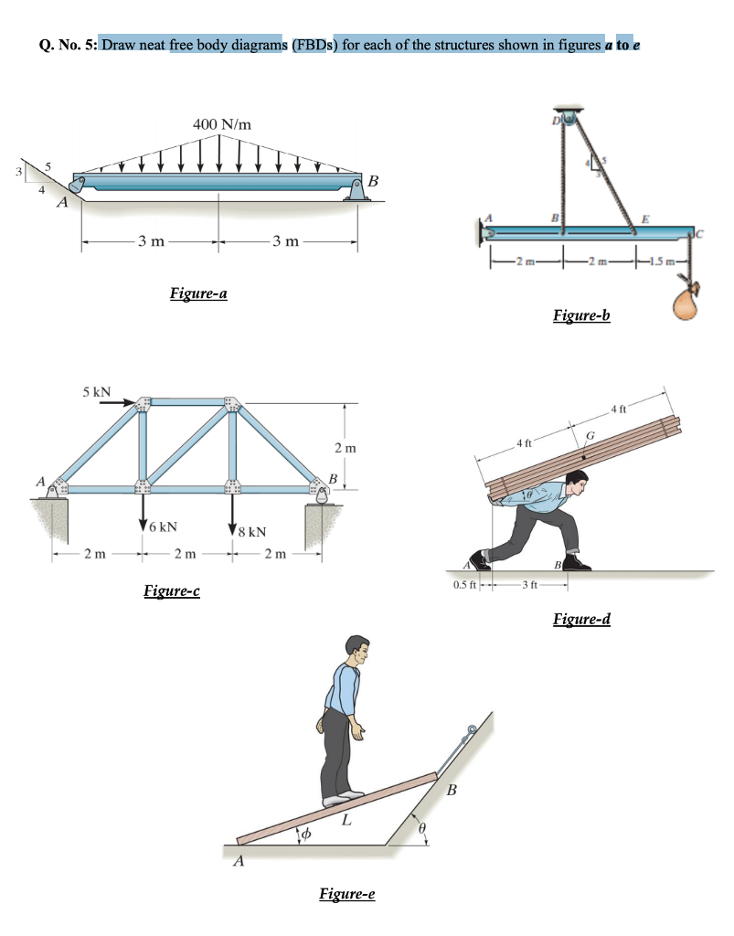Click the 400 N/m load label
click(223, 123)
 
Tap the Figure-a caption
click(198, 293)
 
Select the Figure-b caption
click(581, 316)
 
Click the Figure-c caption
click(173, 590)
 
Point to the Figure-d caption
click(581, 621)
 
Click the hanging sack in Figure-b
click(687, 303)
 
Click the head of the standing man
click(359, 650)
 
